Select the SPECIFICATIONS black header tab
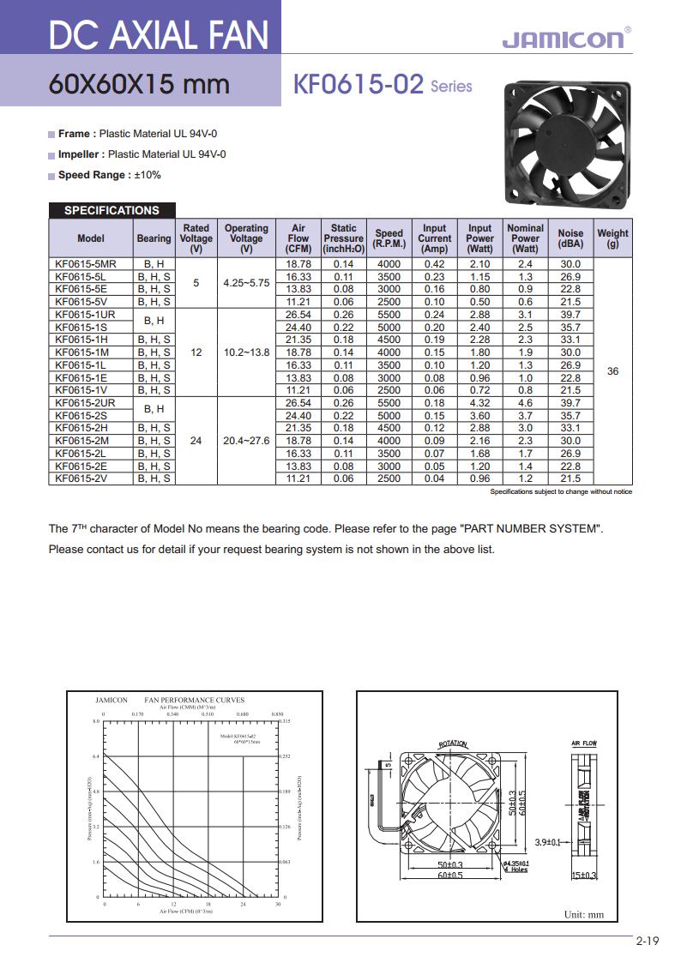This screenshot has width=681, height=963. tap(111, 210)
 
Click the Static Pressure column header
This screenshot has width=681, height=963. tap(344, 238)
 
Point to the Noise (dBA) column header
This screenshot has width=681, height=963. tap(570, 238)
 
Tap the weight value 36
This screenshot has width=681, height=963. tap(612, 371)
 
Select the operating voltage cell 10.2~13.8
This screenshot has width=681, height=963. tap(246, 352)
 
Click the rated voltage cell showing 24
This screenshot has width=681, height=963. tap(196, 441)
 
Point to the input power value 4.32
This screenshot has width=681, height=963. tap(479, 403)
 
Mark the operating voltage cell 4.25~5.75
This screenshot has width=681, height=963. tap(246, 282)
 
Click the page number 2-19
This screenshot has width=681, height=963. tap(648, 942)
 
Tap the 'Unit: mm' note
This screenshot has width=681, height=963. tap(583, 914)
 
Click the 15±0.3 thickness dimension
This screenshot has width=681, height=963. tap(583, 875)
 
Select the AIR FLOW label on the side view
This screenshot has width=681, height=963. tap(583, 743)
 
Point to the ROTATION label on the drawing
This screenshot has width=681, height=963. tap(453, 744)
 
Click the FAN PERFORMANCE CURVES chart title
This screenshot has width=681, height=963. tap(194, 700)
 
